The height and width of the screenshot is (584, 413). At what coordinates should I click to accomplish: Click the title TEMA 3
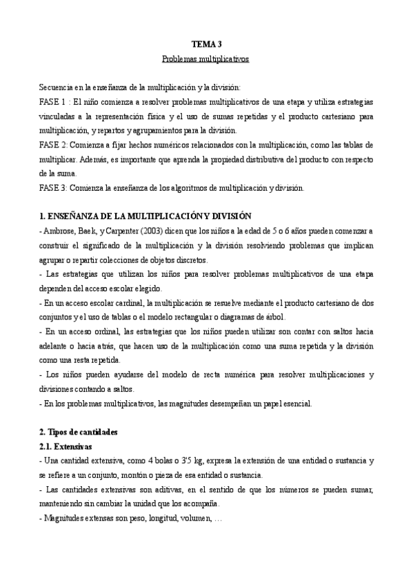(x=205, y=44)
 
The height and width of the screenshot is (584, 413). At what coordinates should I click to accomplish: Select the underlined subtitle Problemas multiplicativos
(x=205, y=59)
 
